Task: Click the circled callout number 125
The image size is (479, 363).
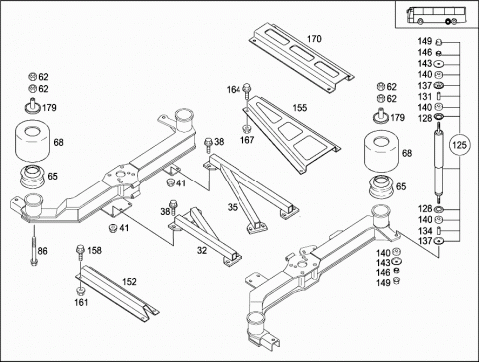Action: (459, 145)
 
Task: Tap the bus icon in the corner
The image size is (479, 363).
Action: (436, 15)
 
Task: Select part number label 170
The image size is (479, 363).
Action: (314, 39)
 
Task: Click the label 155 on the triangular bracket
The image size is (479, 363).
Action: (300, 108)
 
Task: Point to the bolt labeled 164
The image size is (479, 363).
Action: (247, 92)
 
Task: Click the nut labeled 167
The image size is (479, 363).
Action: (246, 129)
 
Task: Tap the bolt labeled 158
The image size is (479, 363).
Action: (80, 253)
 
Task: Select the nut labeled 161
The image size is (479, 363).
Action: (80, 291)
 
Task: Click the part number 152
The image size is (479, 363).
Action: (129, 282)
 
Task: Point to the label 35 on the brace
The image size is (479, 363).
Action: (233, 207)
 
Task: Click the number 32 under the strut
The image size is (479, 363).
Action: (202, 250)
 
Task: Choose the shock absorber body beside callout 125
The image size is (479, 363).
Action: (439, 163)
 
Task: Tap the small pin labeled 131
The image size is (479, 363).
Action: (439, 96)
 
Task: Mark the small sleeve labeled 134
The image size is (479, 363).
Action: (439, 230)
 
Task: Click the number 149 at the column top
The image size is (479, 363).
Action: (425, 41)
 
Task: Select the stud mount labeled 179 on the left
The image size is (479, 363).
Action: (32, 106)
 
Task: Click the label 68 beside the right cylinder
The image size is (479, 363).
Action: (407, 153)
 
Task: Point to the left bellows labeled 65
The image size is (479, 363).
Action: (32, 177)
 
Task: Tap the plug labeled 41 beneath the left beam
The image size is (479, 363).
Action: (113, 228)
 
